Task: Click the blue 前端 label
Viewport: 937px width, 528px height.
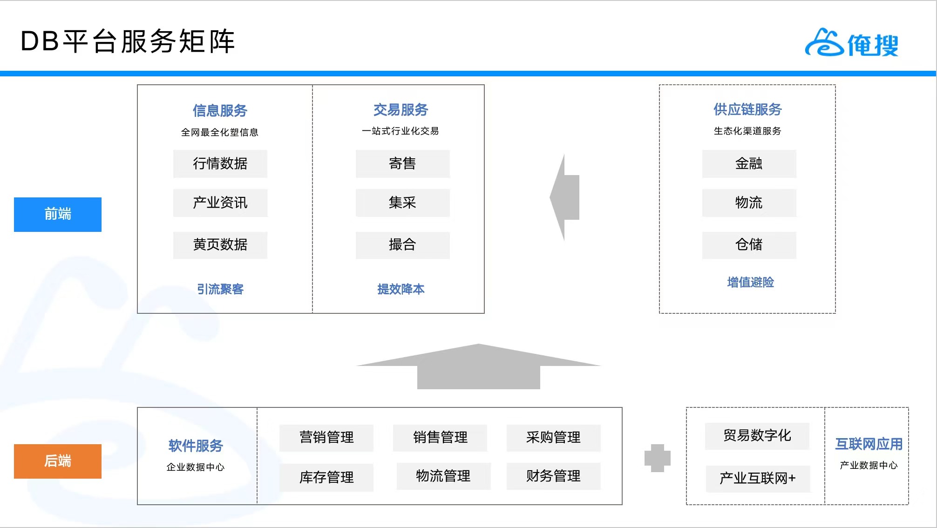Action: click(x=58, y=215)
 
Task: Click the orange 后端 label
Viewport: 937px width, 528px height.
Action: click(x=58, y=461)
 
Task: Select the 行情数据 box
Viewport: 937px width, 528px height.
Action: click(x=220, y=164)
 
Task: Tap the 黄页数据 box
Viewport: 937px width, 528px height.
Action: click(x=220, y=245)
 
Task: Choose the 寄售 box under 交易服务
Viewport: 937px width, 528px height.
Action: click(x=403, y=164)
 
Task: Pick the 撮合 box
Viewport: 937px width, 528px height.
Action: click(x=403, y=245)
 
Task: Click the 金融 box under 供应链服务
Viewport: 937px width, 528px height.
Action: click(x=749, y=164)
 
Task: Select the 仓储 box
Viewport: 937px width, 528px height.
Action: click(x=749, y=245)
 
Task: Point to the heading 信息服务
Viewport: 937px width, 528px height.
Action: click(x=220, y=111)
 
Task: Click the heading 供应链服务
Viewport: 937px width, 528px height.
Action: click(x=747, y=109)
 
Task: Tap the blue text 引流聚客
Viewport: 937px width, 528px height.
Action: click(x=220, y=289)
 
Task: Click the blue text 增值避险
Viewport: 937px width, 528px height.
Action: click(x=751, y=282)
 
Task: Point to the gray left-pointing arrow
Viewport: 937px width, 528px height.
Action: click(x=564, y=197)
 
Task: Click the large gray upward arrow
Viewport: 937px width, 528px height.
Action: click(x=479, y=366)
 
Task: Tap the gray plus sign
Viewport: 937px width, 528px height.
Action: click(x=658, y=458)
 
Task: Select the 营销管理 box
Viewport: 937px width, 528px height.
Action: click(x=326, y=438)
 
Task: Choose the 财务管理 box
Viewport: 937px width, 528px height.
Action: click(x=554, y=476)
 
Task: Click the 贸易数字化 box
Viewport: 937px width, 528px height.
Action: click(x=757, y=436)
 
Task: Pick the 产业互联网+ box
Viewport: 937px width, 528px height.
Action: click(x=758, y=479)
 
